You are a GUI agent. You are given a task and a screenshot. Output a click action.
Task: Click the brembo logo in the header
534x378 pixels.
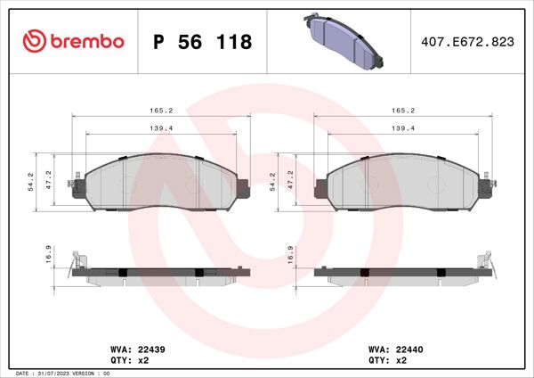[73, 41]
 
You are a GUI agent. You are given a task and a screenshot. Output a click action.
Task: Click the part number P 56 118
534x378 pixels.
[203, 42]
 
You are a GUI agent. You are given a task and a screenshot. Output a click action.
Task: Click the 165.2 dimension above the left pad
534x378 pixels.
[160, 111]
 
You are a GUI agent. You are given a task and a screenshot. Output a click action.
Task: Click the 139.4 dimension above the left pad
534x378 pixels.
[160, 128]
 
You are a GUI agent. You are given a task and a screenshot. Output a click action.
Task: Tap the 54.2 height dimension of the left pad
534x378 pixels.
[30, 183]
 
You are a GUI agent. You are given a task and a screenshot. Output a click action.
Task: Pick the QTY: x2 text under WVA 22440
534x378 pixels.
[383, 361]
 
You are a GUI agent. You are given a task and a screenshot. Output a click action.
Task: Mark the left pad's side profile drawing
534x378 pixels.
[160, 274]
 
